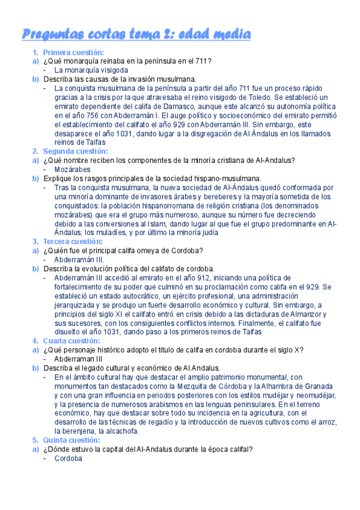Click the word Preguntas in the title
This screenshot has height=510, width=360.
[x=52, y=34]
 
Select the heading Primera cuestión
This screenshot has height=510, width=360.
[x=73, y=53]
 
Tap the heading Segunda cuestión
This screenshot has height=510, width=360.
[x=74, y=151]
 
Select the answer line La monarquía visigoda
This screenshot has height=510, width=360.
[x=91, y=70]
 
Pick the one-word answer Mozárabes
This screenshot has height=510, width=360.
[x=73, y=170]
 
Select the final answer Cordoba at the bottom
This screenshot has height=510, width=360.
[x=67, y=458]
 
